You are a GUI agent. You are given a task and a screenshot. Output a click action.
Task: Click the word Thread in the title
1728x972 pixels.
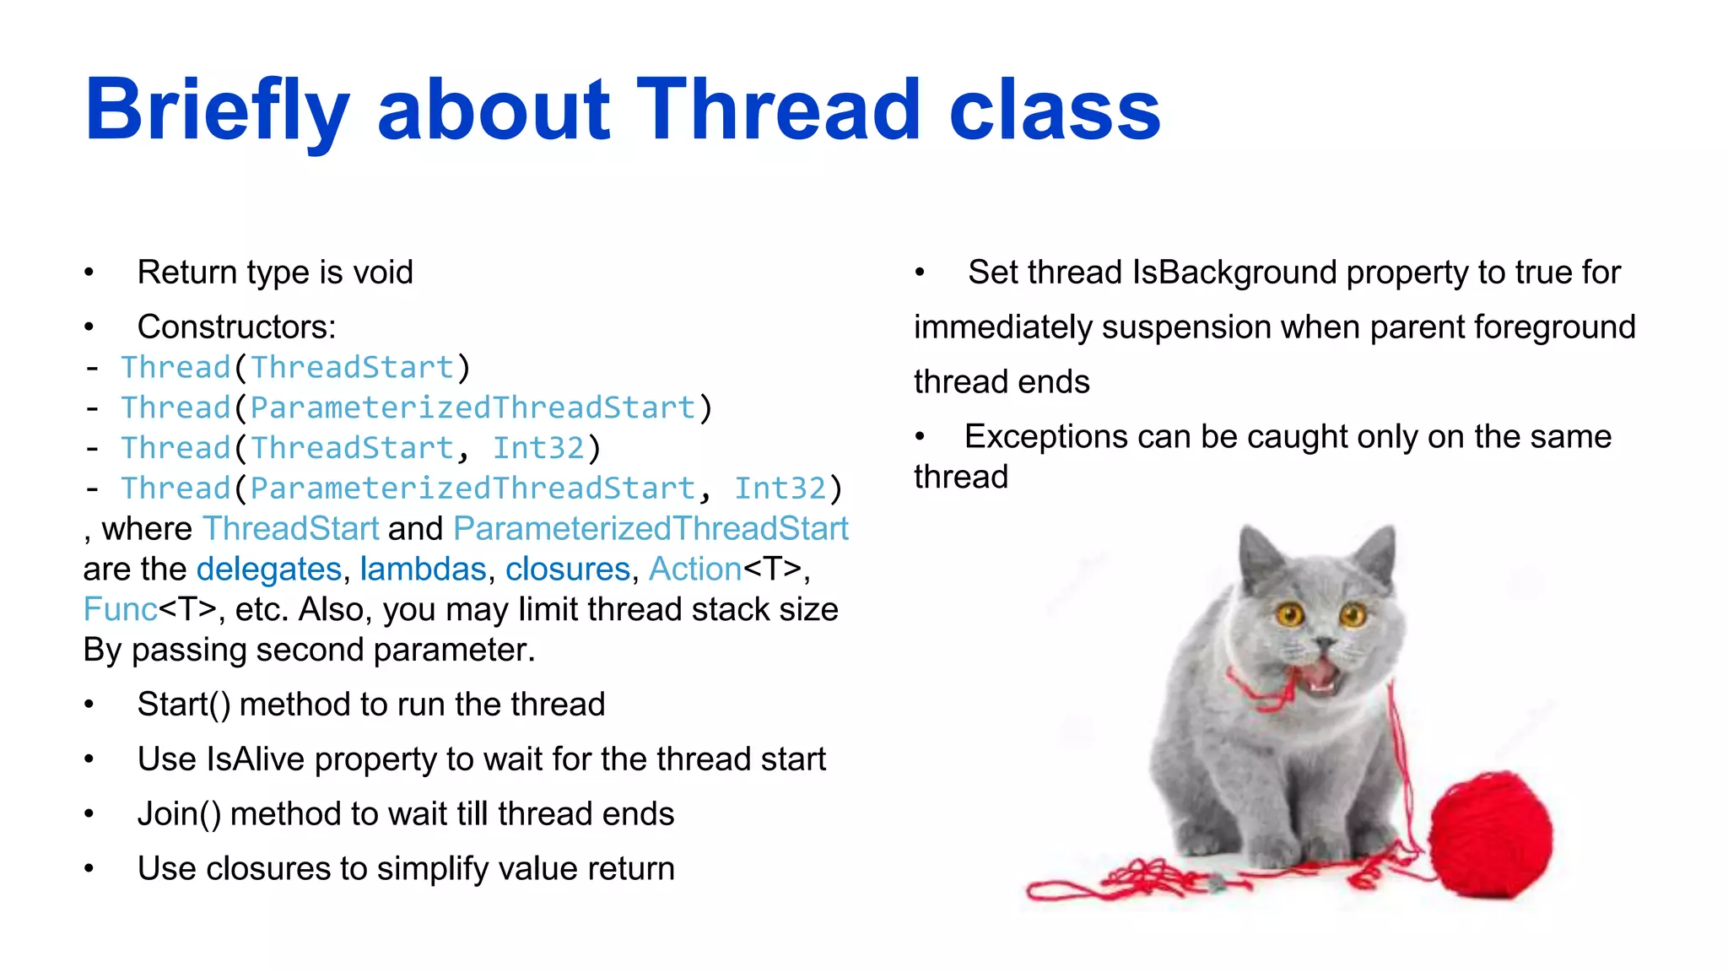[x=777, y=110]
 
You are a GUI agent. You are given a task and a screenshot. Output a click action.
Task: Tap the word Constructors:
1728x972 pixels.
[x=236, y=327]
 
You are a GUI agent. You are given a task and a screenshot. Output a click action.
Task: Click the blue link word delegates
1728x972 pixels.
[x=269, y=570]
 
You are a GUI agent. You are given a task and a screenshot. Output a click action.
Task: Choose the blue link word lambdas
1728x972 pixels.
[x=423, y=570]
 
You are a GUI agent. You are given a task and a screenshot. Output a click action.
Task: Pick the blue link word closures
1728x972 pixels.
[x=567, y=570]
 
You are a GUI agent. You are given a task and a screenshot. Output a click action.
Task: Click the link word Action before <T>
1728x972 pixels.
[x=694, y=570]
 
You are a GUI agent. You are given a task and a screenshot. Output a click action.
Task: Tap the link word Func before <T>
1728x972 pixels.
[x=120, y=610]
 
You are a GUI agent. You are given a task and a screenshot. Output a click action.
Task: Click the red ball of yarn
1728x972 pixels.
[x=1492, y=835]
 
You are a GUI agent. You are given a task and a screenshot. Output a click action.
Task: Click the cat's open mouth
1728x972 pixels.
[x=1320, y=675]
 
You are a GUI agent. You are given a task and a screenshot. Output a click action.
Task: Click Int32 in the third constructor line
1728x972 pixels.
[x=537, y=448]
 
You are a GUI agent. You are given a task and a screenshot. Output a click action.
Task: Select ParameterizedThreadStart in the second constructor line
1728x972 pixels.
[x=472, y=408]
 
